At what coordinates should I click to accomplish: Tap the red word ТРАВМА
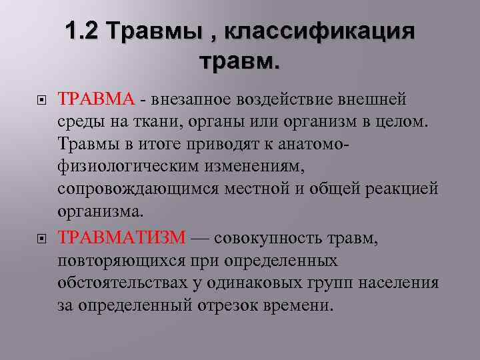97,100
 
